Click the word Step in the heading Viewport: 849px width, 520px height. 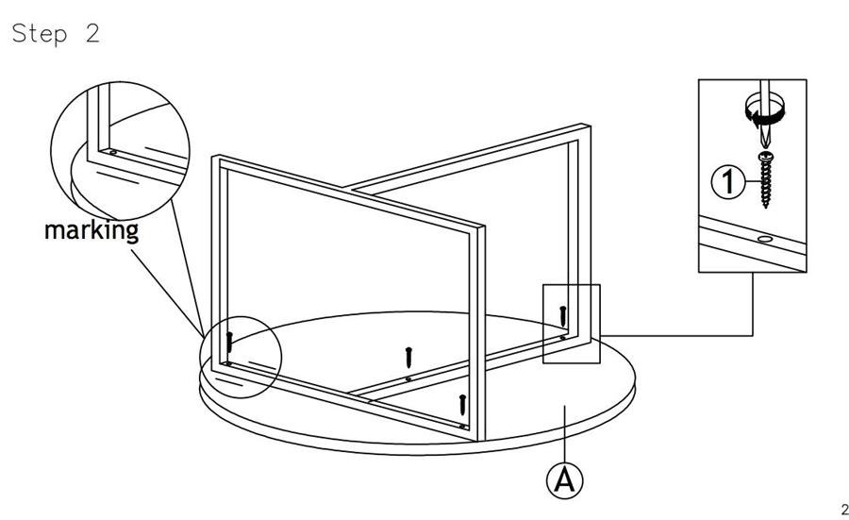pos(40,34)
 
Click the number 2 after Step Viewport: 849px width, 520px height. pos(92,34)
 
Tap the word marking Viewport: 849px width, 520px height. pos(92,231)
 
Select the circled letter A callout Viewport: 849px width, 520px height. pos(565,480)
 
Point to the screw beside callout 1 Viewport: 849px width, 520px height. pos(766,180)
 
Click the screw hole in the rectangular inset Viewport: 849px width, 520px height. pos(764,239)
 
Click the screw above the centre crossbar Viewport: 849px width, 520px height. pos(408,358)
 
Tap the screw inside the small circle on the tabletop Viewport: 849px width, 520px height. pos(229,342)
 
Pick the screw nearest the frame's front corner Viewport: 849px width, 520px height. pos(462,405)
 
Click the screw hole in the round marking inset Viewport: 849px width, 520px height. pos(113,152)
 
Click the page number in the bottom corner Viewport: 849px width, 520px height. pos(844,510)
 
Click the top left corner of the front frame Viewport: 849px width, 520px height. pos(214,158)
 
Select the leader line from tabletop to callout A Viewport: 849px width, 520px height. pos(565,434)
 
